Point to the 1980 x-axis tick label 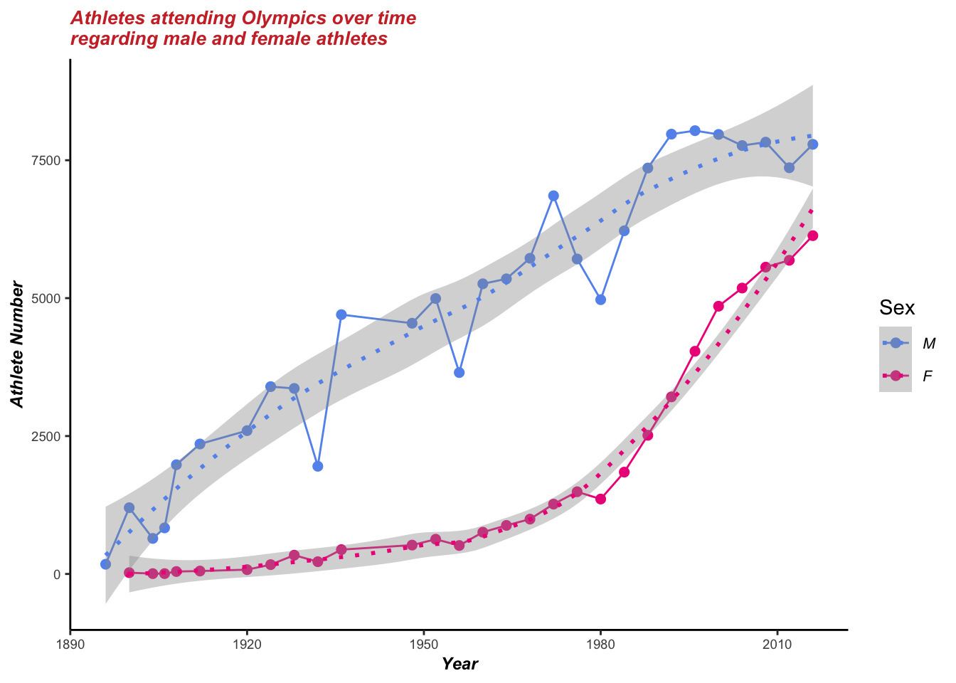pyautogui.click(x=600, y=644)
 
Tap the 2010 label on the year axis pyautogui.click(x=777, y=644)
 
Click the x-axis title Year pyautogui.click(x=460, y=665)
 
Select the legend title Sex pyautogui.click(x=897, y=307)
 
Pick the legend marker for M pyautogui.click(x=896, y=343)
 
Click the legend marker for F pyautogui.click(x=896, y=376)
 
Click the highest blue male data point pyautogui.click(x=695, y=131)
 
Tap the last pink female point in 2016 pyautogui.click(x=813, y=235)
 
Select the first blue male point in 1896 pyautogui.click(x=105, y=564)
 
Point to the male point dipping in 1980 pyautogui.click(x=600, y=300)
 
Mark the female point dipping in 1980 pyautogui.click(x=600, y=499)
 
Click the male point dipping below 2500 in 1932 pyautogui.click(x=318, y=466)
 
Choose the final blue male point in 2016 pyautogui.click(x=813, y=144)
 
